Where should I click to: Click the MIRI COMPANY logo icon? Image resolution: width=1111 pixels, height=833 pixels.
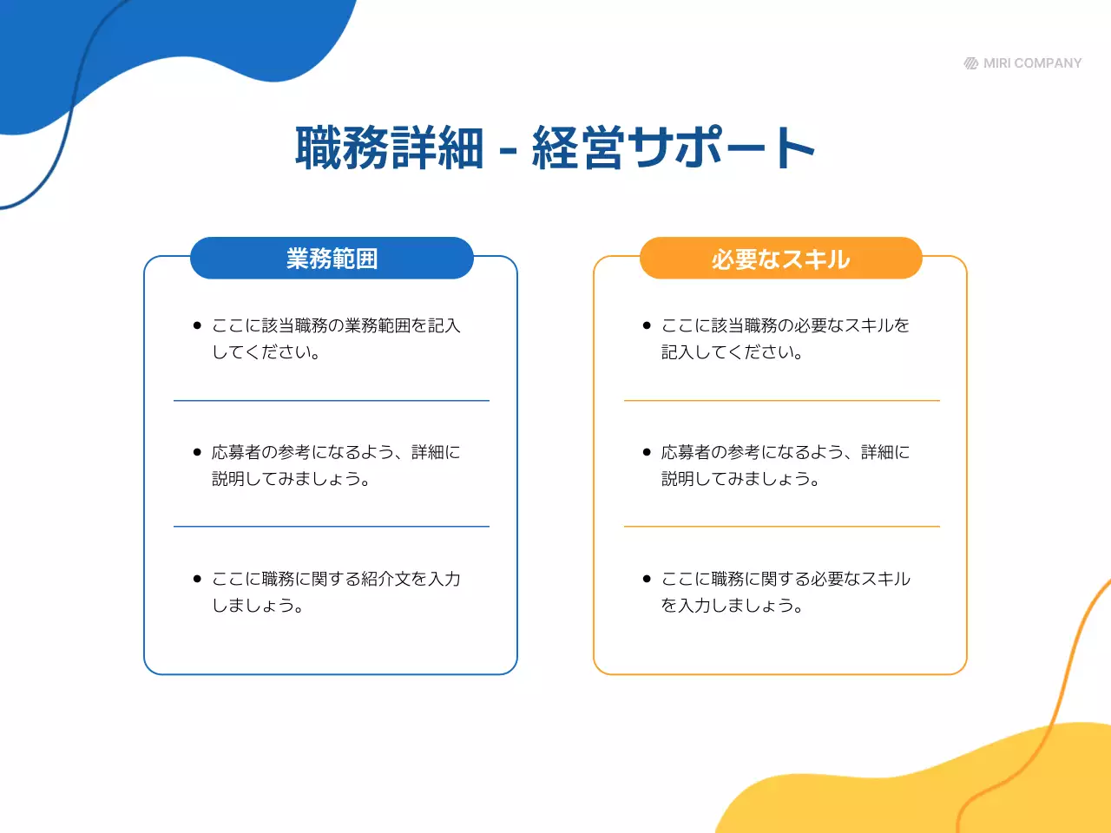tap(971, 63)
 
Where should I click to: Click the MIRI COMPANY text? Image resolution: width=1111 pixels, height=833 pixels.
tap(1032, 63)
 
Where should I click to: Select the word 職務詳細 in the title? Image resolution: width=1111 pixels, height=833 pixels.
tap(389, 148)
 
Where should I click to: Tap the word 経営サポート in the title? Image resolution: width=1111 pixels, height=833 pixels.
tap(673, 148)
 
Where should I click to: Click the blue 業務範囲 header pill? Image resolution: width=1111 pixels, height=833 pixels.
tap(332, 259)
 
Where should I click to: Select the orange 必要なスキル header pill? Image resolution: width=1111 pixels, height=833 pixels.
tap(780, 259)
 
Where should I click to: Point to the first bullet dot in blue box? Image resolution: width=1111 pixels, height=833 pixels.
tap(197, 325)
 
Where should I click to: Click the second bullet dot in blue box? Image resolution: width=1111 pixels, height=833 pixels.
tap(197, 452)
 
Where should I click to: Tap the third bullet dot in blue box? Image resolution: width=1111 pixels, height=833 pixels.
tap(197, 579)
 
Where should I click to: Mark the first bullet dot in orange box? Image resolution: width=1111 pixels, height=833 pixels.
tap(647, 325)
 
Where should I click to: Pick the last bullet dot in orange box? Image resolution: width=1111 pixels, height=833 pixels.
tap(647, 579)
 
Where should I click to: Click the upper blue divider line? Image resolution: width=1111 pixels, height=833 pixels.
tap(332, 401)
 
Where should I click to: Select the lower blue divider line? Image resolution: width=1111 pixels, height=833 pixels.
tap(332, 527)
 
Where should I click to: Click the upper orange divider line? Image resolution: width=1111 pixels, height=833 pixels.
tap(781, 401)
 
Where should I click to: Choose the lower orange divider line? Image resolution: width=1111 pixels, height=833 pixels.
tap(781, 527)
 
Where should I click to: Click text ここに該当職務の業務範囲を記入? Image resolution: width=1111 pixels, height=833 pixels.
tap(336, 325)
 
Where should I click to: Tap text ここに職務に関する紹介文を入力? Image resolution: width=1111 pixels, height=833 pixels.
tap(336, 579)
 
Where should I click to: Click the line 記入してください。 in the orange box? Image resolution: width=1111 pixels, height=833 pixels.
tap(732, 352)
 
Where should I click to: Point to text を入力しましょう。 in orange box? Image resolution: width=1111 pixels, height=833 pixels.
tap(732, 606)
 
